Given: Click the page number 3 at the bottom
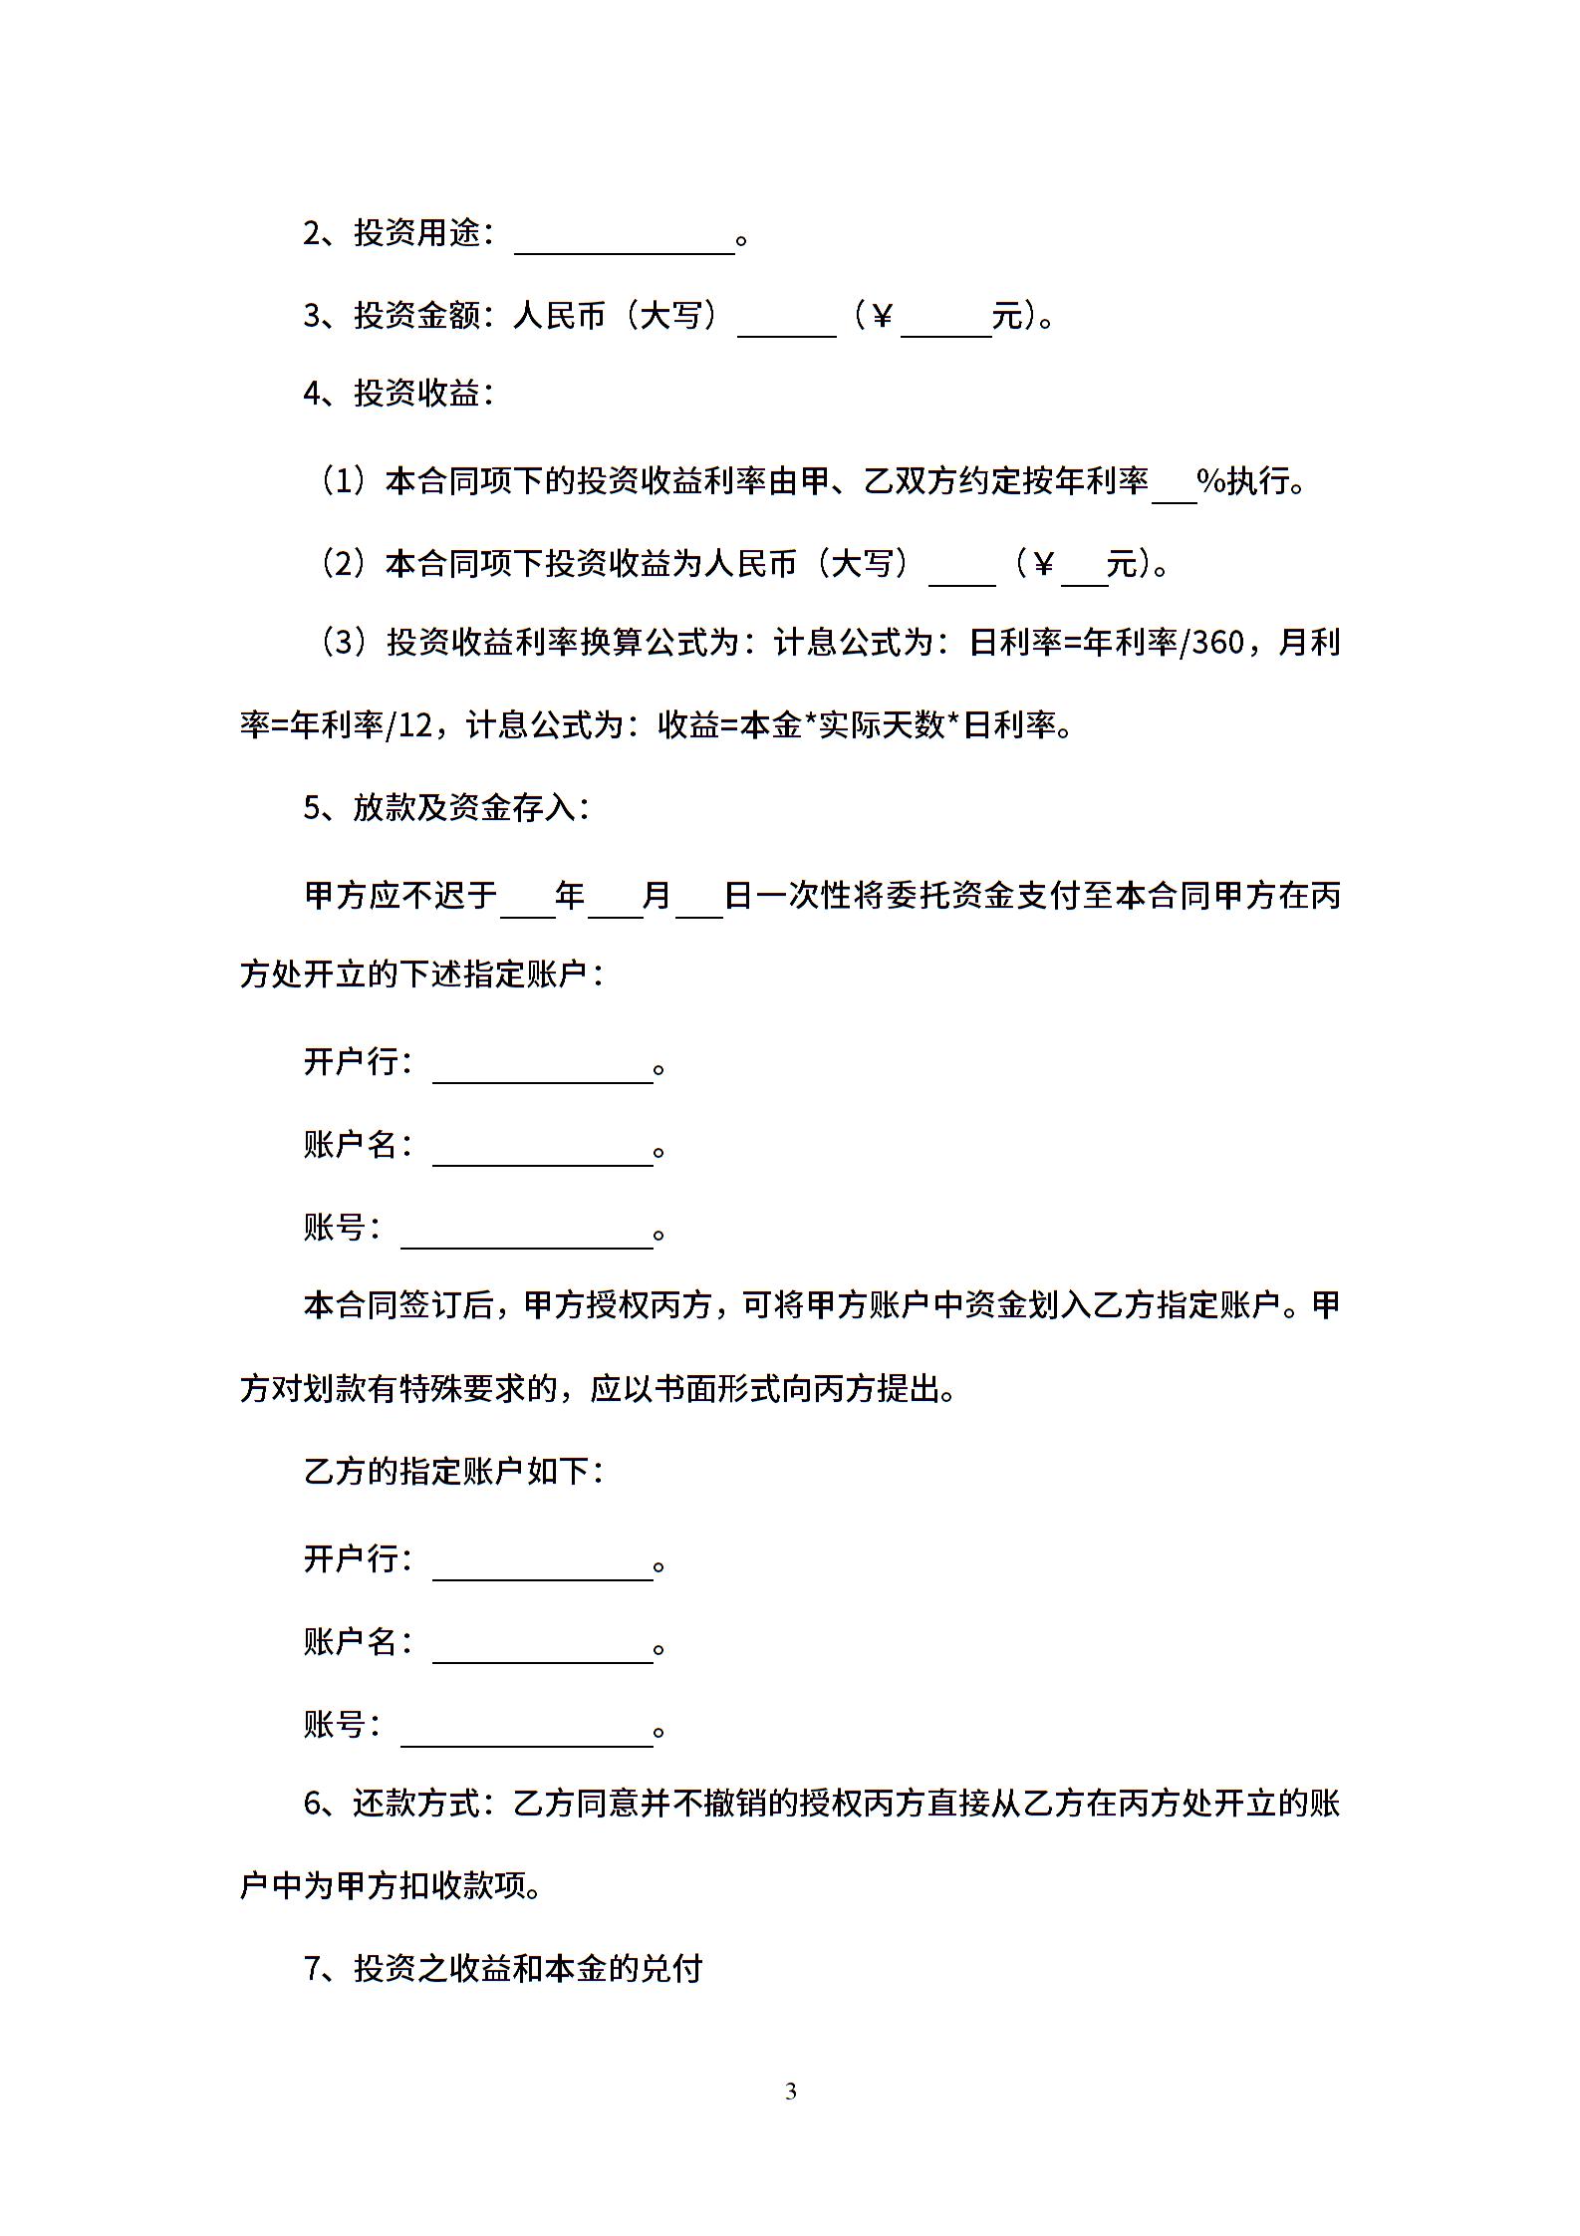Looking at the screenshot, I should [x=791, y=2092].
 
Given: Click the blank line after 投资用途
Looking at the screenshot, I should [x=624, y=239].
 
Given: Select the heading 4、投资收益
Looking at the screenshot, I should [x=398, y=394].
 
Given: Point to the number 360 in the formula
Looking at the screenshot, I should [x=1217, y=644].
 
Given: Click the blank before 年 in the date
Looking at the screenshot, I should [x=527, y=901].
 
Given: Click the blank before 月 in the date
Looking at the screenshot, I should [x=615, y=901].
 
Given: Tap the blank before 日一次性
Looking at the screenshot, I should [x=699, y=901].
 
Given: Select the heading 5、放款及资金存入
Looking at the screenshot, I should [x=446, y=808].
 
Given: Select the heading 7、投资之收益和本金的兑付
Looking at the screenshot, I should [x=503, y=1969].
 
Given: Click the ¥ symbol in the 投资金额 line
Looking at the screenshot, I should [x=881, y=317].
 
